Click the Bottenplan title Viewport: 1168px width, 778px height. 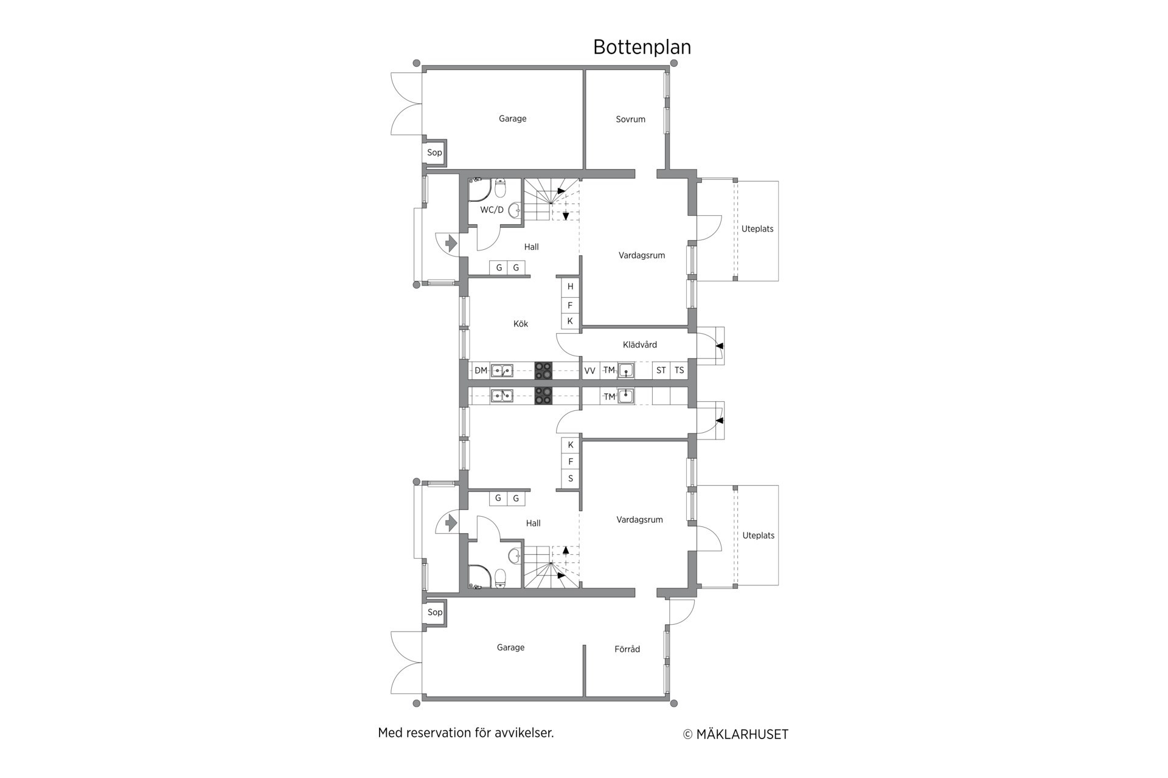pos(642,47)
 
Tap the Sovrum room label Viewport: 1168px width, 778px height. pos(630,119)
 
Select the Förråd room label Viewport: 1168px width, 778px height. pos(627,649)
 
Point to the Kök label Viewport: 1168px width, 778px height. pos(521,324)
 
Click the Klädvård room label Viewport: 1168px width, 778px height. pos(640,345)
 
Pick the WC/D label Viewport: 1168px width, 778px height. pos(492,210)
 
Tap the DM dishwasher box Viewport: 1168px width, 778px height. pos(481,370)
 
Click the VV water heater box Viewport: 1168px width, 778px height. pos(590,370)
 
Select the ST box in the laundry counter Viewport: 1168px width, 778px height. pos(661,370)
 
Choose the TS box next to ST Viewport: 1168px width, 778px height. pos(679,370)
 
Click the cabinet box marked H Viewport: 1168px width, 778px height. pos(570,286)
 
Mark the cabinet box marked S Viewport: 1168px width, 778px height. pos(570,479)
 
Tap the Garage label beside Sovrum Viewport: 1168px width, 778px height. pos(513,119)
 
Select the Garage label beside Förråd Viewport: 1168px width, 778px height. pos(510,648)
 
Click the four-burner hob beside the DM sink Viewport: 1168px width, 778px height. pos(543,371)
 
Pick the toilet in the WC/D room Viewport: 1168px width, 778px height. pos(500,188)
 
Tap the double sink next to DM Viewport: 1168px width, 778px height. pos(502,371)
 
